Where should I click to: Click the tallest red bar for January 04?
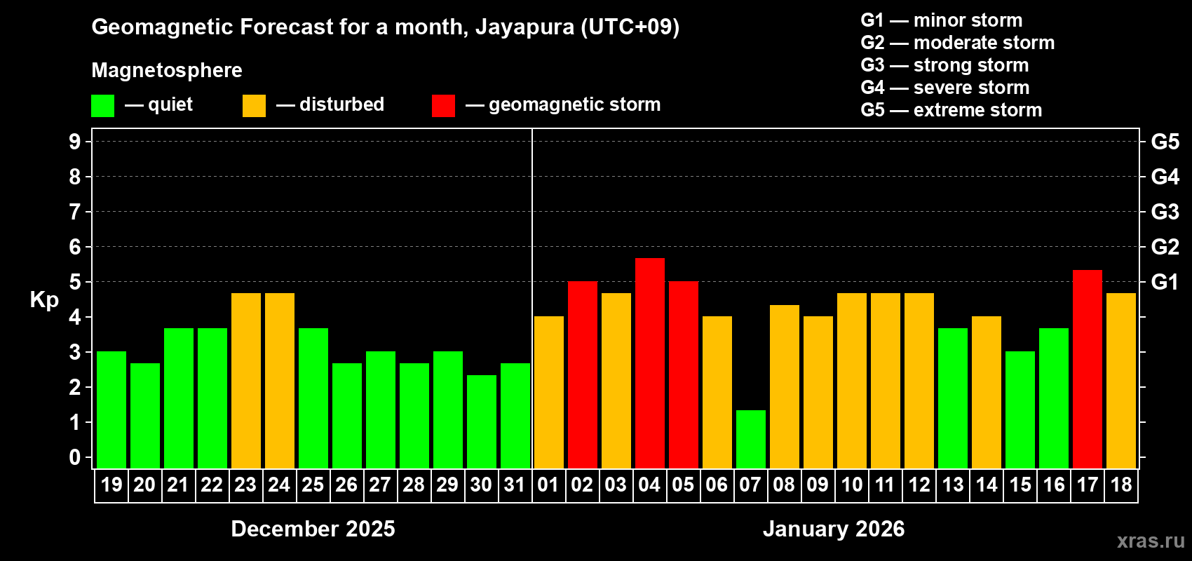[x=650, y=363]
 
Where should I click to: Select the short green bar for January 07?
[x=751, y=439]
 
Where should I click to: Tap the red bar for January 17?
[x=1088, y=369]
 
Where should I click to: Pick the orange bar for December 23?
[x=246, y=381]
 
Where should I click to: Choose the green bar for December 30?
[x=482, y=421]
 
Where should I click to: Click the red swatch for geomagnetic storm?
[x=443, y=106]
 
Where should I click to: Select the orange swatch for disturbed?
[x=254, y=106]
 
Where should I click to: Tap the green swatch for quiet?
[x=102, y=106]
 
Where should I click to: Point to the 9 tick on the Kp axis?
[x=75, y=142]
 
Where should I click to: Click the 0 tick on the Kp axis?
[x=75, y=457]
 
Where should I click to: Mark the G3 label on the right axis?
[x=1165, y=212]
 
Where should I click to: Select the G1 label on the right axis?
[x=1165, y=282]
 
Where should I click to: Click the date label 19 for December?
[x=111, y=485]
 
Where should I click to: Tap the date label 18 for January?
[x=1121, y=485]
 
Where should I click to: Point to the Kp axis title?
[x=44, y=299]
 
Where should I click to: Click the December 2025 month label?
[x=313, y=529]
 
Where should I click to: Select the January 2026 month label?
[x=834, y=529]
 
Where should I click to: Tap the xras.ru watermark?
[x=1151, y=541]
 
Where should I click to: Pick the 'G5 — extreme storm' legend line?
[x=951, y=110]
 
